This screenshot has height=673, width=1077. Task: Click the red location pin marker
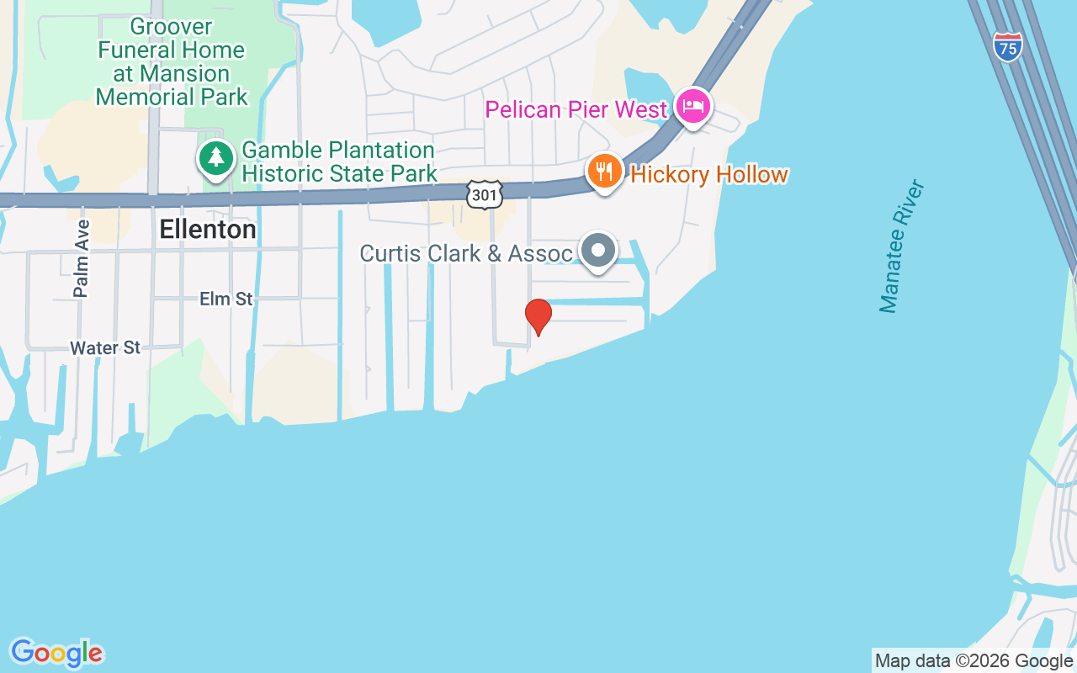538,316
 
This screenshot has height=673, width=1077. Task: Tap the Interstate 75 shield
1007,46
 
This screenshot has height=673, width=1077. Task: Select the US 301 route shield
486,195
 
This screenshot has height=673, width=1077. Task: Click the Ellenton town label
207,230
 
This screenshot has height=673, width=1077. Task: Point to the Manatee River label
901,246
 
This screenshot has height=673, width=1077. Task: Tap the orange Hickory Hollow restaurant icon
604,172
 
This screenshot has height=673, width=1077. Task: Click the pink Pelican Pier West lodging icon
693,107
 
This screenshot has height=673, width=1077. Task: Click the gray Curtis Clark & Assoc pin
599,251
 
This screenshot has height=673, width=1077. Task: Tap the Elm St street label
225,299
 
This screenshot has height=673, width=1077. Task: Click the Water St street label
105,347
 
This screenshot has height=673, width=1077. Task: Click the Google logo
56,653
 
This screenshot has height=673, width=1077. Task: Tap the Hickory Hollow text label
708,175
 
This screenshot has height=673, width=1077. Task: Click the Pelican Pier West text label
576,109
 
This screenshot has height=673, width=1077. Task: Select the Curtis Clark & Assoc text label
466,253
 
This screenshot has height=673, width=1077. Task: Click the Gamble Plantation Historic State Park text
339,162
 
